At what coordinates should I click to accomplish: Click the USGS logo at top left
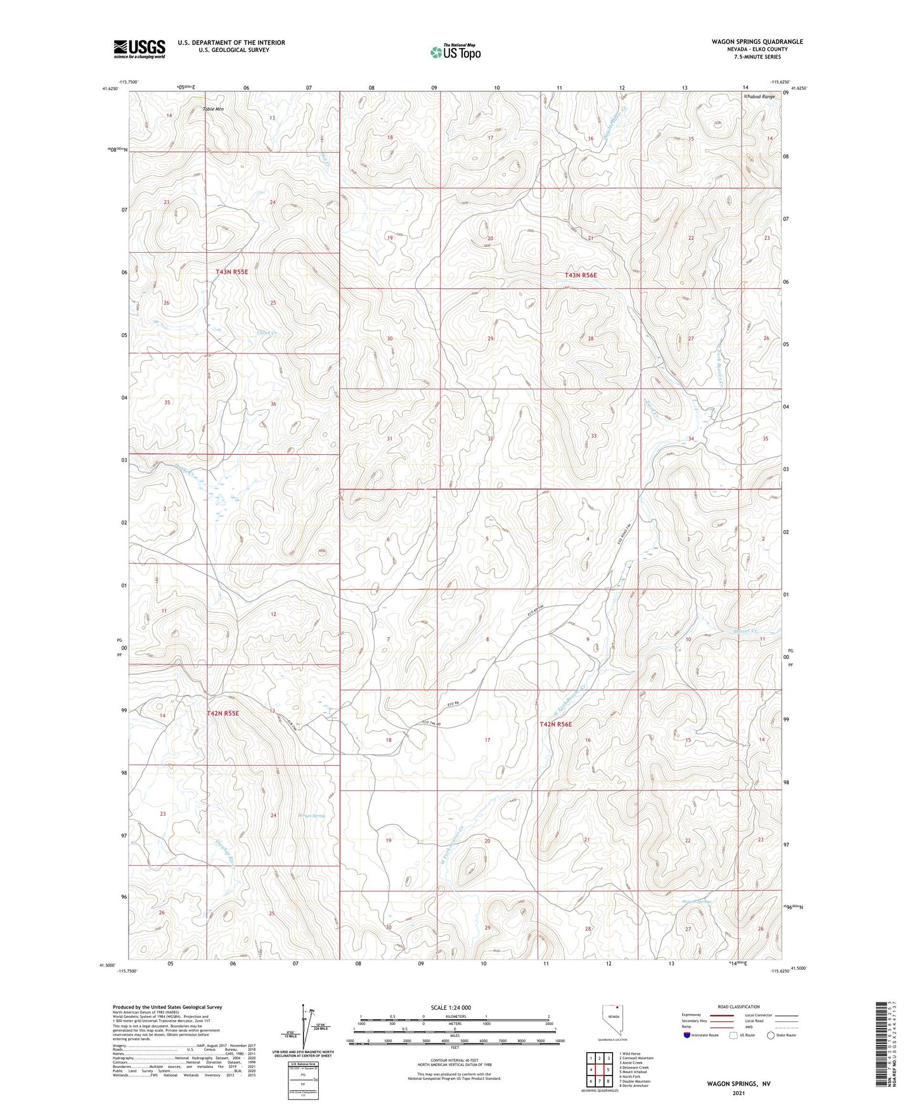pyautogui.click(x=139, y=48)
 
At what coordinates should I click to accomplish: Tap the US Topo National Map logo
pyautogui.click(x=455, y=51)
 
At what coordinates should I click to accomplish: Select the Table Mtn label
pyautogui.click(x=213, y=109)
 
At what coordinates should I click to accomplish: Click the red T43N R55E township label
pyautogui.click(x=231, y=272)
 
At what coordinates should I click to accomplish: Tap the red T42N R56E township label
pyautogui.click(x=555, y=724)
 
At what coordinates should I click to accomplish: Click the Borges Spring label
pyautogui.click(x=311, y=816)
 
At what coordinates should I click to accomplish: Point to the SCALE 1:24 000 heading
pyautogui.click(x=450, y=1008)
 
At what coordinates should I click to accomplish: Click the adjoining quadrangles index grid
pyautogui.click(x=598, y=1070)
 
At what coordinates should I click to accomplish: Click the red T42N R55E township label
pyautogui.click(x=223, y=713)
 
